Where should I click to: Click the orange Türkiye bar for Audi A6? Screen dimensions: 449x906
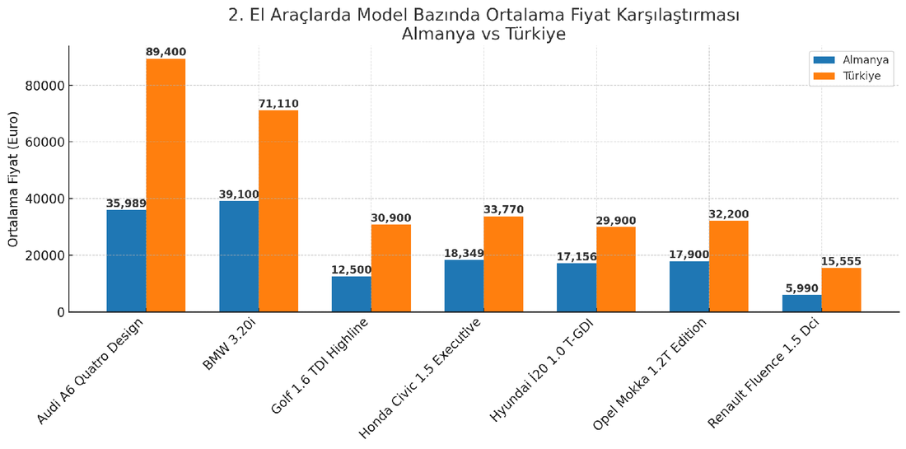166,185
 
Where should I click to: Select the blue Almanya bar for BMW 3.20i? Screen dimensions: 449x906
239,256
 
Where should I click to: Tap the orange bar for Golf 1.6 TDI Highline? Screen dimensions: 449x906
390,268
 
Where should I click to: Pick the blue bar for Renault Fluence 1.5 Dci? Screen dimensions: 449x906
801,303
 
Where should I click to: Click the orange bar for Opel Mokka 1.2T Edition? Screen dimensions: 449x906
728,266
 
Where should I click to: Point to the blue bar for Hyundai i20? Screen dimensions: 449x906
577,288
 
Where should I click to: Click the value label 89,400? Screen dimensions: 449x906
166,52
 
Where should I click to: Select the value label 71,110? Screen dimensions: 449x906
278,104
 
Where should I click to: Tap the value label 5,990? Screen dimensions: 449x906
801,288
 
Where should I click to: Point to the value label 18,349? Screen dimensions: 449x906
464,253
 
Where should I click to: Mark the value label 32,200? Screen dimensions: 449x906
728,214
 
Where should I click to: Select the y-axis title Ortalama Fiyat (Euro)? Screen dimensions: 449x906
13,178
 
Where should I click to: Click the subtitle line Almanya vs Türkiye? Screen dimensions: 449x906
483,35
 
